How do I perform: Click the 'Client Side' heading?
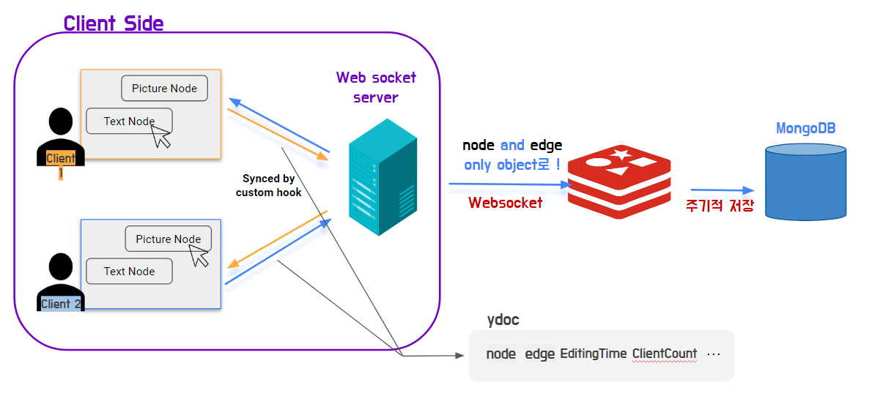point(114,23)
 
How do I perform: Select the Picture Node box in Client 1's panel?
point(164,89)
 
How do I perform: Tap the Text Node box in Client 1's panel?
point(129,122)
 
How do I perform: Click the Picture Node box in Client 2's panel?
point(168,239)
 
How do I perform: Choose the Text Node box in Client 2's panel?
point(129,272)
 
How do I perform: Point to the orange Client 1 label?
point(61,159)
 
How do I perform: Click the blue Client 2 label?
point(60,304)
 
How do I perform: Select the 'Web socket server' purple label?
point(376,87)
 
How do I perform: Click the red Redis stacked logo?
point(619,182)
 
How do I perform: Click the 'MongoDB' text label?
point(805,129)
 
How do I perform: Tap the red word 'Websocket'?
point(506,203)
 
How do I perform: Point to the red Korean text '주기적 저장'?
point(719,205)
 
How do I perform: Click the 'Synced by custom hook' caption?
point(268,186)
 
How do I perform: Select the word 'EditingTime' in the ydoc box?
point(593,354)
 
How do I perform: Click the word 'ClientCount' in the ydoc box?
point(664,354)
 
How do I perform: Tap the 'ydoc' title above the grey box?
point(503,320)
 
